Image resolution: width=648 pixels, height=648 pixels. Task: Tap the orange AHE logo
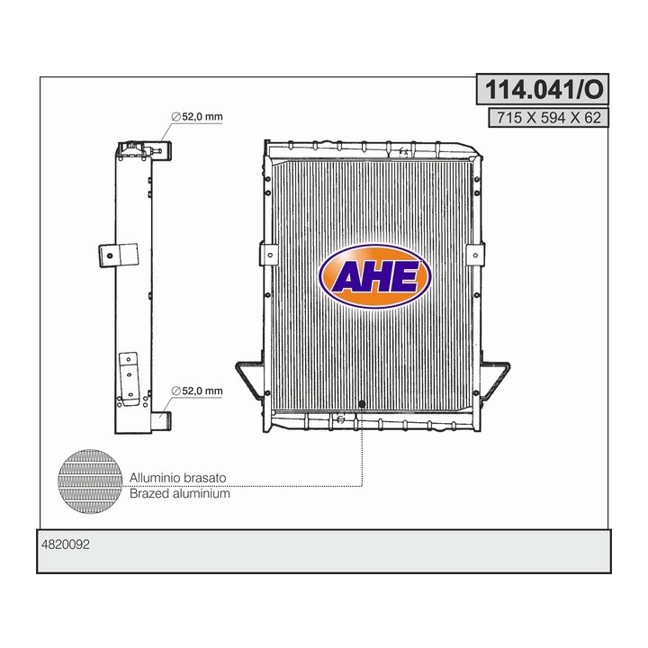376,277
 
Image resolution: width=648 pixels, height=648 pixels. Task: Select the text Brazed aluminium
180,493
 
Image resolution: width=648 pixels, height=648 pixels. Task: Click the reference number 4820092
67,544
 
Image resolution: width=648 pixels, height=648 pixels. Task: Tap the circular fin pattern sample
90,477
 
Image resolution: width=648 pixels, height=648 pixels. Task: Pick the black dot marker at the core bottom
362,404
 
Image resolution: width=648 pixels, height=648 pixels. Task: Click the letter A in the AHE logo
346,279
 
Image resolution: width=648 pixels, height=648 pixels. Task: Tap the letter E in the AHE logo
406,279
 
